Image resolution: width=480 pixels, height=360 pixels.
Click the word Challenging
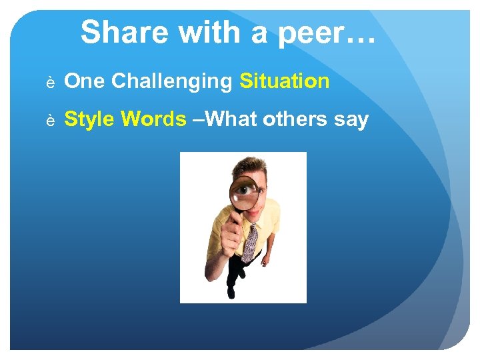(171, 82)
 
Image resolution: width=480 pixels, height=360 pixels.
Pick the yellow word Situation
(284, 81)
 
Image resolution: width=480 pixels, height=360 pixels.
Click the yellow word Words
(154, 119)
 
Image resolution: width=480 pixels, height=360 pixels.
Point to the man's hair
(252, 165)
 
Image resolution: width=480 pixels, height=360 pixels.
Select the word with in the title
(201, 32)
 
